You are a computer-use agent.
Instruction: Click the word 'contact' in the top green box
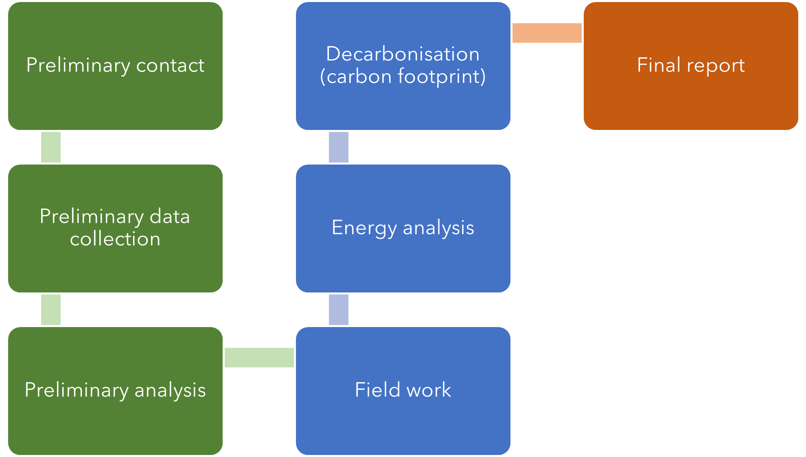click(170, 66)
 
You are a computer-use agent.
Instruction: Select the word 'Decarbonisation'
click(403, 54)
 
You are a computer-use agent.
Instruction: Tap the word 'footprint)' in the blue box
click(442, 77)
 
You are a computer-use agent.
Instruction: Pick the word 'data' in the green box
click(170, 216)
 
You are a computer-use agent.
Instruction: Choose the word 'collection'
click(115, 239)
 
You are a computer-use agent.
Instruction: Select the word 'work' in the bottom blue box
click(429, 390)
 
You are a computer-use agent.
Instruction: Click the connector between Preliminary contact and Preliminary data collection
click(51, 147)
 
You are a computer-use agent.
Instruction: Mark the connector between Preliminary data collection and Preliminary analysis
click(51, 310)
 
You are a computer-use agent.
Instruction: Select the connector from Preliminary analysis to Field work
click(259, 358)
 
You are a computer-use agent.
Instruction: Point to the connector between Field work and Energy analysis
click(339, 310)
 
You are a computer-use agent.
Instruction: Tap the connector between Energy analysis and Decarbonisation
click(339, 147)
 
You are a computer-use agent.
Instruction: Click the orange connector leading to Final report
click(547, 33)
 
